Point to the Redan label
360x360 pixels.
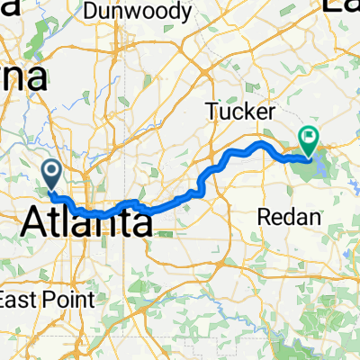click(x=283, y=216)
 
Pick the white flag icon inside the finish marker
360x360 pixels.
click(x=309, y=139)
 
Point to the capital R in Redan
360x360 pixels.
click(x=263, y=216)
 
